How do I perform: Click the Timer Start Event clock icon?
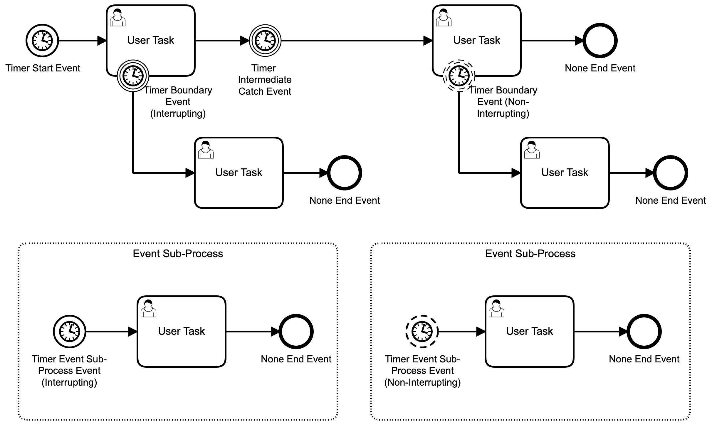click(42, 41)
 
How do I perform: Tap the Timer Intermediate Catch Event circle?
click(265, 41)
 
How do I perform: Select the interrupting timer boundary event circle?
click(133, 76)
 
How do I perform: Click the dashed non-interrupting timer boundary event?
click(459, 76)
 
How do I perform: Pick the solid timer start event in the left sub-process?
click(70, 332)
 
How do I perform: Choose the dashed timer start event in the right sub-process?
click(422, 332)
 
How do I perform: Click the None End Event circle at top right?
click(600, 41)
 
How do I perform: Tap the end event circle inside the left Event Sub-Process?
click(296, 332)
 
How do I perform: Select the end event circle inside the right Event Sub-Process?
click(644, 332)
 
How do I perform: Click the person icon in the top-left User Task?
click(117, 18)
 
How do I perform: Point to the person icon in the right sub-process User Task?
click(496, 309)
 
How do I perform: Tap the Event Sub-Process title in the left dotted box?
click(178, 254)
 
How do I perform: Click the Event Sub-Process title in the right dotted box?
click(530, 254)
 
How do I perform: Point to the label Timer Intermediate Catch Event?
click(264, 80)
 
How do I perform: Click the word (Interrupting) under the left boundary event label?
click(178, 113)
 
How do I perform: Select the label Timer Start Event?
click(43, 68)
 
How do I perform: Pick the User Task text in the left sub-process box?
click(182, 331)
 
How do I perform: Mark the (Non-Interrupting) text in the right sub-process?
click(422, 382)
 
